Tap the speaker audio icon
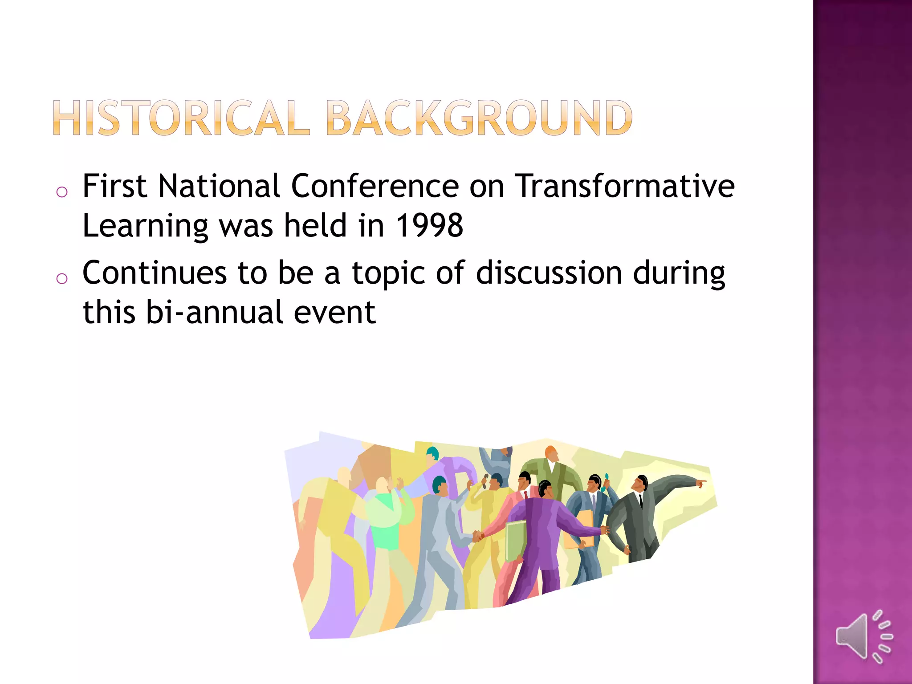(864, 637)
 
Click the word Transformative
(625, 186)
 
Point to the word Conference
(375, 186)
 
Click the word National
(219, 186)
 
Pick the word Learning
(146, 226)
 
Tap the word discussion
(549, 273)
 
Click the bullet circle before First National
(62, 192)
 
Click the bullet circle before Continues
(62, 279)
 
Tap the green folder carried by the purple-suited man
(515, 540)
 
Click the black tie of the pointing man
(640, 501)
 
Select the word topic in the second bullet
(388, 273)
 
